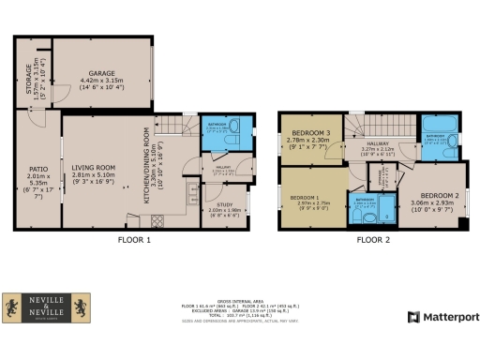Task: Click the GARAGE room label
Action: pyautogui.click(x=101, y=72)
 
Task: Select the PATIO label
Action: pyautogui.click(x=37, y=170)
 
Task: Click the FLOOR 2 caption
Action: pyautogui.click(x=372, y=239)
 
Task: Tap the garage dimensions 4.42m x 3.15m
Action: pyautogui.click(x=101, y=83)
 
